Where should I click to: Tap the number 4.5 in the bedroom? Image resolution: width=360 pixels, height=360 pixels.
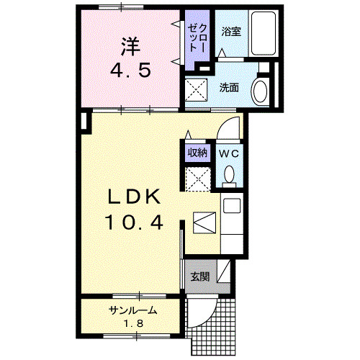click(x=130, y=71)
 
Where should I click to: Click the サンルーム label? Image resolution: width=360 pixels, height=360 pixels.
click(x=133, y=310)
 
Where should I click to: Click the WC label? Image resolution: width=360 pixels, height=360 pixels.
click(x=228, y=153)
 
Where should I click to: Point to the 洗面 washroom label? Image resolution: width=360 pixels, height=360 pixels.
click(x=229, y=88)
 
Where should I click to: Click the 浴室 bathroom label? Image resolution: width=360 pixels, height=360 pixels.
click(x=230, y=31)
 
